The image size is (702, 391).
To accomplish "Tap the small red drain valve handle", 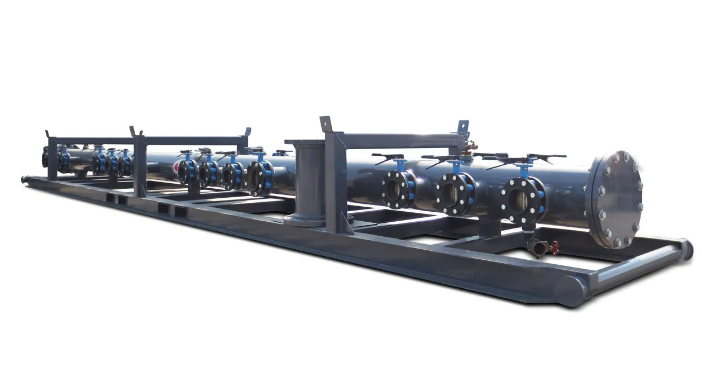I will pos(555,247).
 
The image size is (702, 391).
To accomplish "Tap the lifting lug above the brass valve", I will pos(463,127).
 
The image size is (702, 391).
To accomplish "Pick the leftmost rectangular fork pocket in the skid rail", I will pos(110,198).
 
